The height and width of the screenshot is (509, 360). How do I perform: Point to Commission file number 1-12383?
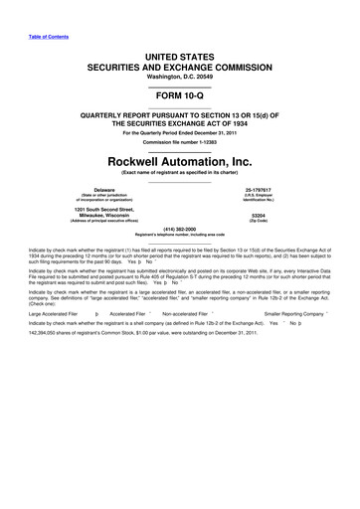[180, 142]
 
